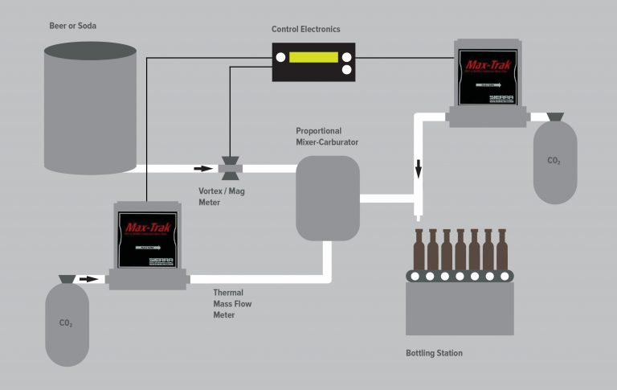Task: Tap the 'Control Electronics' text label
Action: (305, 30)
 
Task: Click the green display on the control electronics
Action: (314, 58)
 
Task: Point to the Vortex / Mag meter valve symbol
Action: (231, 169)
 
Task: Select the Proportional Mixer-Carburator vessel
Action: (327, 198)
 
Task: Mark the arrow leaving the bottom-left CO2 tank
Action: (89, 279)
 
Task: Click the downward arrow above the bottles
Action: (419, 170)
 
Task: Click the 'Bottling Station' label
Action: (434, 353)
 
